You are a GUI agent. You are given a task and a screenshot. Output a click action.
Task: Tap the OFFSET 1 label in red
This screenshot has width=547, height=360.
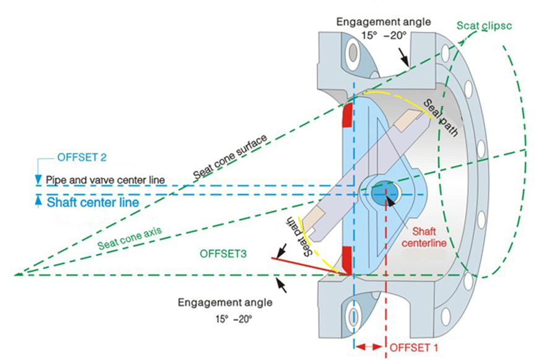(x=413, y=348)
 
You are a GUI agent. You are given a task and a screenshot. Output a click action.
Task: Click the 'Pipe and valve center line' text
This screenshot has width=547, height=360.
(x=106, y=180)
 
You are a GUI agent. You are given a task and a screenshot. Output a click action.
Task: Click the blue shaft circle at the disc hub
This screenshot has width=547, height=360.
(x=382, y=193)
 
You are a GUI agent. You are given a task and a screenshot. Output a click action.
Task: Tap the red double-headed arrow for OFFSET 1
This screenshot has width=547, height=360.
(x=370, y=347)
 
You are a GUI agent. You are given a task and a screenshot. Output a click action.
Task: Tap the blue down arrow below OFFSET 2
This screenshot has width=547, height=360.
(x=38, y=179)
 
